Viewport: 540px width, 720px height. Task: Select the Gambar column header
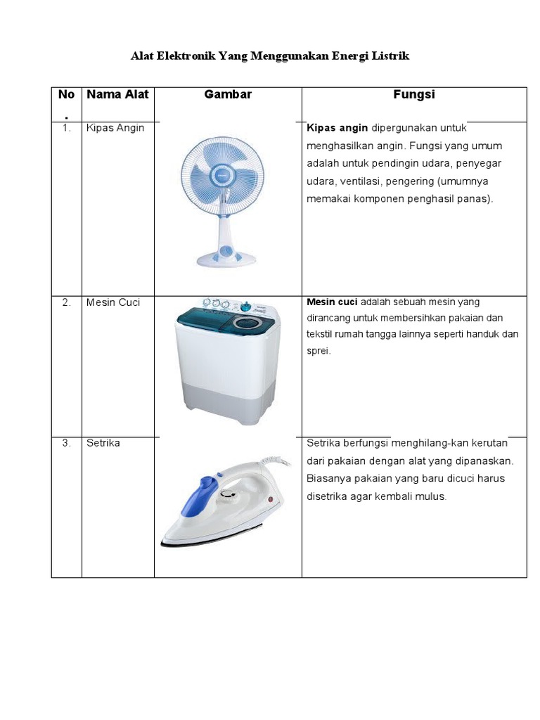click(x=228, y=94)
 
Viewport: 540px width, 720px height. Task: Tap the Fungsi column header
click(x=414, y=94)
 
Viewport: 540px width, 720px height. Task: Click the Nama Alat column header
click(x=117, y=94)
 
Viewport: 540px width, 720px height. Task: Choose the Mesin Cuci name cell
click(x=113, y=302)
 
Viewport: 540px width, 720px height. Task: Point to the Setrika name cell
click(x=103, y=443)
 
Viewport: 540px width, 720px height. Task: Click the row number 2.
click(x=66, y=302)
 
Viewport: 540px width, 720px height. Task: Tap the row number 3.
click(x=66, y=443)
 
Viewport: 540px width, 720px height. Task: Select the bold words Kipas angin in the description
click(x=337, y=128)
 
